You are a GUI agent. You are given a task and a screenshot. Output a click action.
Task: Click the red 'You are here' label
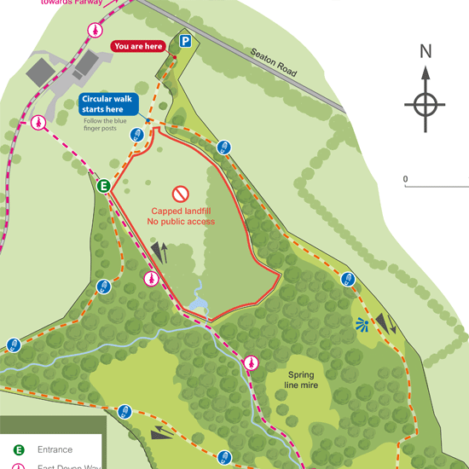(138, 46)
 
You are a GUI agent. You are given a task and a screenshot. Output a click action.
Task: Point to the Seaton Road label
(273, 62)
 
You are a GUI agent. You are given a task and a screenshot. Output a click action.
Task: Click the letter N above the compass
(426, 51)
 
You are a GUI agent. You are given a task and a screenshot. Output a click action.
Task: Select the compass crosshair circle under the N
(426, 105)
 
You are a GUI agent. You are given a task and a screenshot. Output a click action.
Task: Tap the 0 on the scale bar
(406, 179)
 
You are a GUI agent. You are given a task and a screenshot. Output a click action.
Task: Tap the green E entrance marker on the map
(104, 185)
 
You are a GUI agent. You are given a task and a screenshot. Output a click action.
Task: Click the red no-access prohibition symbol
(180, 194)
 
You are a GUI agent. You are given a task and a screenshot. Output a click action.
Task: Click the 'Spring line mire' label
(301, 379)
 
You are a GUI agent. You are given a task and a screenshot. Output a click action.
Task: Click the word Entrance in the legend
(55, 449)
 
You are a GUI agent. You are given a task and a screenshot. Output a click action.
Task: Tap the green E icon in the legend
(18, 449)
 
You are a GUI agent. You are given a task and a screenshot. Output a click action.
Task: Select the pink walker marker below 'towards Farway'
(95, 29)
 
